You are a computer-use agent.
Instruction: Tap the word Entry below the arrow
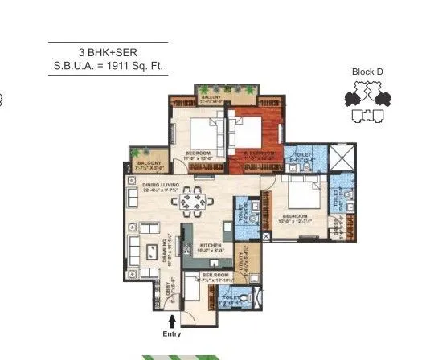click(172, 334)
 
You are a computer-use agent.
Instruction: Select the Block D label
click(367, 72)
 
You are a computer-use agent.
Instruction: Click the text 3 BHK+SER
click(109, 51)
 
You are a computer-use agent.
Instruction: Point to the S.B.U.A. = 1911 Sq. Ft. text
click(109, 66)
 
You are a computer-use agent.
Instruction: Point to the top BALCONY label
click(212, 97)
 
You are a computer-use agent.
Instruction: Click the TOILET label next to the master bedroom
click(302, 154)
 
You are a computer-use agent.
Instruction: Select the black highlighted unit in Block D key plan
click(351, 99)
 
